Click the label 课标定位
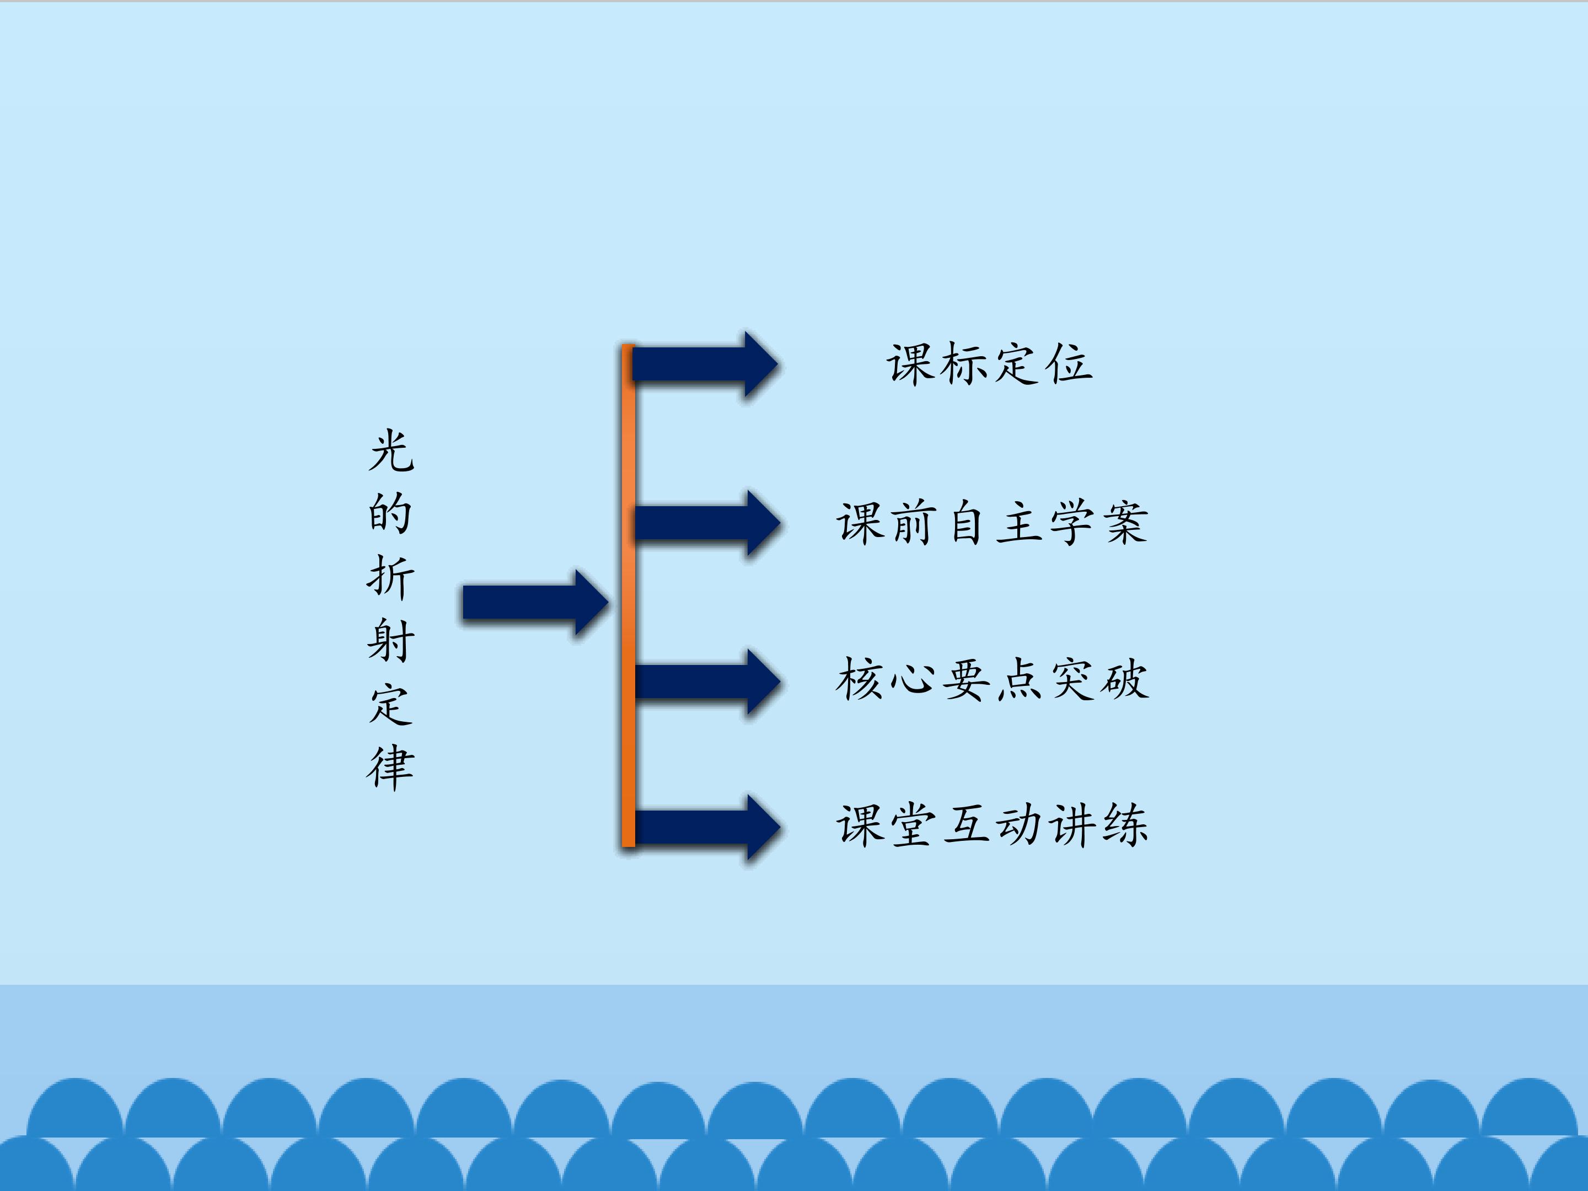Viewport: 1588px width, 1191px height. click(989, 364)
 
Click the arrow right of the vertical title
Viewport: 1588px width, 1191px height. click(535, 602)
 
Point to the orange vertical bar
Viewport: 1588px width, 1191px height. click(628, 596)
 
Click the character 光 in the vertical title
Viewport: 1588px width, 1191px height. click(391, 451)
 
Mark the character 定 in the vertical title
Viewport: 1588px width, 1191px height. click(391, 704)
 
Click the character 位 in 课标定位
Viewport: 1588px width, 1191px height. click(1069, 364)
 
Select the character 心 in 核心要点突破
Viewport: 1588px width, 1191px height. click(913, 680)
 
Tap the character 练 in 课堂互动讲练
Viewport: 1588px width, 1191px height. click(1125, 825)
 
